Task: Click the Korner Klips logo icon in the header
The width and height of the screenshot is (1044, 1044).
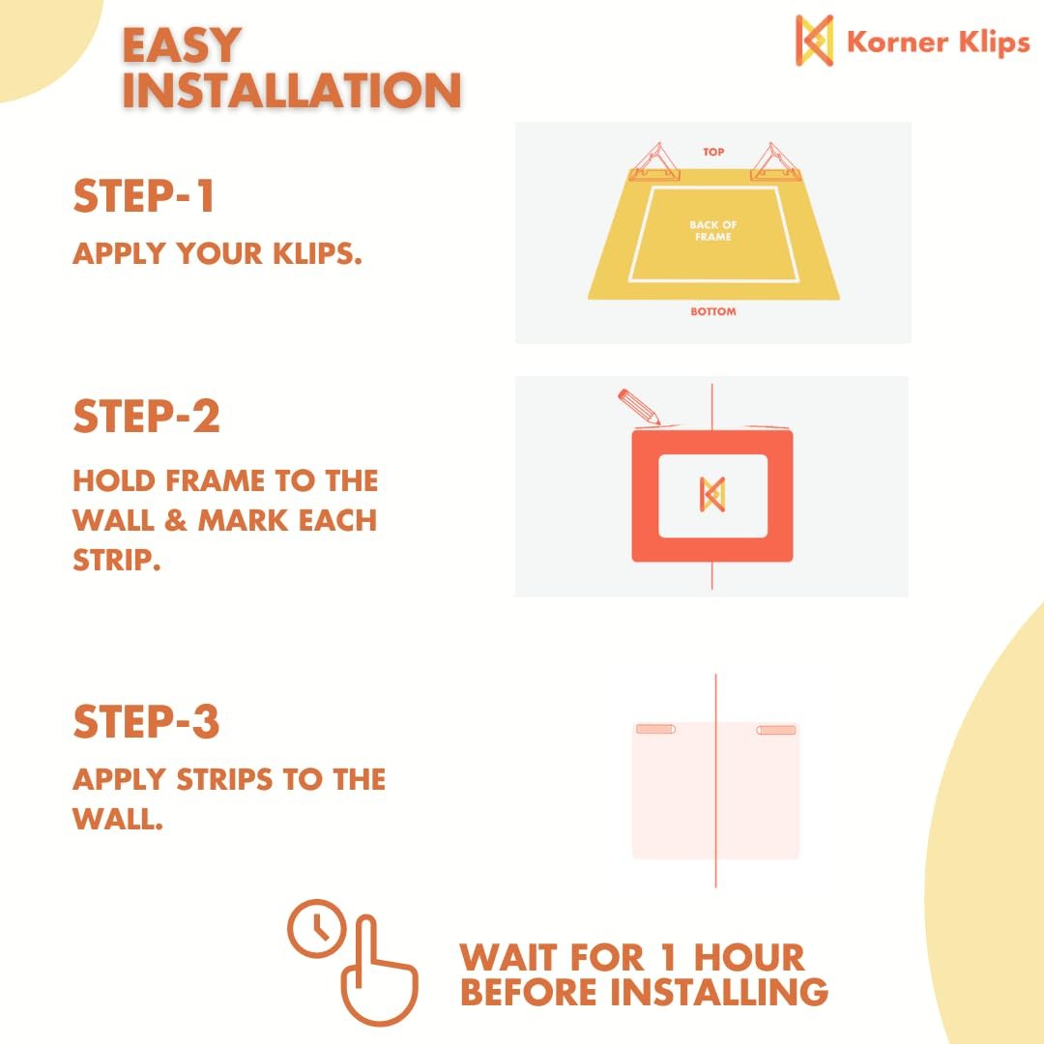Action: coord(814,41)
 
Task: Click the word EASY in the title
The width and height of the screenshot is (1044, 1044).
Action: coord(181,45)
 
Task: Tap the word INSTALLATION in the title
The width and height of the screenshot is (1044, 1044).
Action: coord(292,90)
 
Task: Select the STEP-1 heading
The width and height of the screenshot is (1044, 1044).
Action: coord(143,195)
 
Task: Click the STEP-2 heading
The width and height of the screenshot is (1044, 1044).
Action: coord(147,416)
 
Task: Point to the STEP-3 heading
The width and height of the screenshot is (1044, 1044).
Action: coord(146,722)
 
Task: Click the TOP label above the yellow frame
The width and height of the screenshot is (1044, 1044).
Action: coord(713,152)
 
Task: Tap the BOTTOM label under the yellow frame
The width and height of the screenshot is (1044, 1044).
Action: coord(713,311)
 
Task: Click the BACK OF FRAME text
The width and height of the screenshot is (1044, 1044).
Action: coord(713,230)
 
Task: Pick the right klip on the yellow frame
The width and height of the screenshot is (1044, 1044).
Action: coord(775,162)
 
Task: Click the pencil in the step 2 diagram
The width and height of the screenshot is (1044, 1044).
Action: coord(639,406)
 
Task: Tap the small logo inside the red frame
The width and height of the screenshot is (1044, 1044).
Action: coord(711,495)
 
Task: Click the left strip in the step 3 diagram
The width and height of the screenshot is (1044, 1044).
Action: coord(655,729)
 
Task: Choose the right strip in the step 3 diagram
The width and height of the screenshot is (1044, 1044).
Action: coord(775,730)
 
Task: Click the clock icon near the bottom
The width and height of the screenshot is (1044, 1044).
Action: coord(317,928)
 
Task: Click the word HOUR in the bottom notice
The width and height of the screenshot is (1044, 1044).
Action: coord(749,957)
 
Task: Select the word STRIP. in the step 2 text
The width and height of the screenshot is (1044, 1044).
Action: coord(117,560)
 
